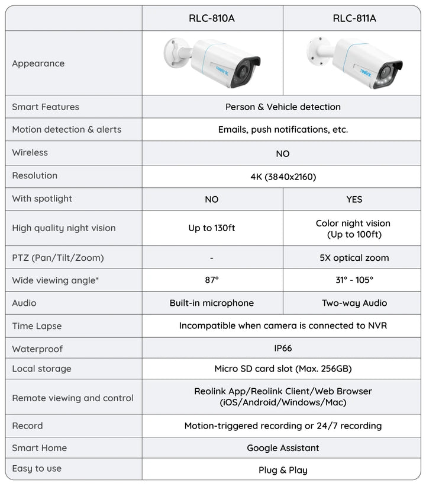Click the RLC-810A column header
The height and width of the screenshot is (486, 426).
pos(212,18)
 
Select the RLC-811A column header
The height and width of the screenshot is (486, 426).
pos(354,18)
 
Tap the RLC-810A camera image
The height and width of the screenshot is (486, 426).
pos(212,62)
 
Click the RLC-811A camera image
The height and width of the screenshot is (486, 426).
pos(355,62)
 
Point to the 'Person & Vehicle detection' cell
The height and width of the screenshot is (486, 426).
pos(283,107)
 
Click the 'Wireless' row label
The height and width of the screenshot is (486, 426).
pos(30,153)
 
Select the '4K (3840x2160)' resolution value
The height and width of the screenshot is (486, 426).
pos(283,176)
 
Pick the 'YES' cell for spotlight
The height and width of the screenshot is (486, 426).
pos(354,199)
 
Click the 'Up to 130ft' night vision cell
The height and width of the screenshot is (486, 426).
pos(212,228)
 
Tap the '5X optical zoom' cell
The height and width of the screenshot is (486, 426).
pos(354,258)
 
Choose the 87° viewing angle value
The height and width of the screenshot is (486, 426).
pos(212,280)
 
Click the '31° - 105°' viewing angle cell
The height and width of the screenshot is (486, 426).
pos(354,280)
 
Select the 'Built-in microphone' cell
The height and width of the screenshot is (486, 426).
pos(212,303)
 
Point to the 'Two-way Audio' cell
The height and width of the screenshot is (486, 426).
pos(354,303)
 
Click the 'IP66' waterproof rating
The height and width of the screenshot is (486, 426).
pos(283,348)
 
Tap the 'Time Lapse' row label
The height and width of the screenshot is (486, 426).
pos(37,326)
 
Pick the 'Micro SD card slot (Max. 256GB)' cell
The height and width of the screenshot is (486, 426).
pos(283,369)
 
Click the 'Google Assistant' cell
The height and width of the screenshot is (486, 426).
pos(283,448)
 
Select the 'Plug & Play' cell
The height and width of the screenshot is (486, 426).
pos(283,470)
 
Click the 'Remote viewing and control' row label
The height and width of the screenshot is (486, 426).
pos(73,398)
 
